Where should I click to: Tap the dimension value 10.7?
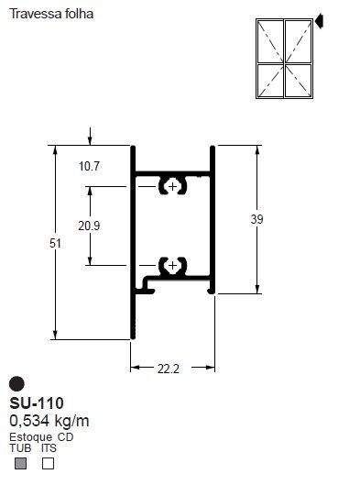pyautogui.click(x=89, y=166)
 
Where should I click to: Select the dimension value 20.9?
pyautogui.click(x=90, y=226)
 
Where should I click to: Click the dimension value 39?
pyautogui.click(x=256, y=218)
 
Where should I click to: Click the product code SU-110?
pyautogui.click(x=37, y=403)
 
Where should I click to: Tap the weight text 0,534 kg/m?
pyautogui.click(x=49, y=421)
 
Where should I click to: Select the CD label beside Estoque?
pyautogui.click(x=65, y=437)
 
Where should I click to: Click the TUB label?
pyautogui.click(x=19, y=448)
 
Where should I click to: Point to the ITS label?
pyautogui.click(x=49, y=448)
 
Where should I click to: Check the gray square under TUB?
pyautogui.click(x=20, y=464)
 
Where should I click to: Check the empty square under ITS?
pyautogui.click(x=49, y=464)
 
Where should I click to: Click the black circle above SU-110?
pyautogui.click(x=16, y=384)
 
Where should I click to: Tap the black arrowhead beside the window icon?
pyautogui.click(x=321, y=18)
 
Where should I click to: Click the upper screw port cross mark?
pyautogui.click(x=171, y=186)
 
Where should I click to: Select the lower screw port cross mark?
pyautogui.click(x=171, y=266)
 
